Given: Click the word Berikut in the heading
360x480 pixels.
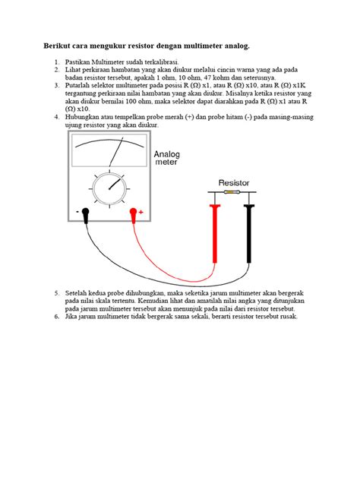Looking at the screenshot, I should (x=55, y=46).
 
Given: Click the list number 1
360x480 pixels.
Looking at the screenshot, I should (x=56, y=60).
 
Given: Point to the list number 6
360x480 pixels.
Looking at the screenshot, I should (x=56, y=316).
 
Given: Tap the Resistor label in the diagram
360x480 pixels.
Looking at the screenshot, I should (x=234, y=183).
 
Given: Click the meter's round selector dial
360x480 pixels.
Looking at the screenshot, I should (x=110, y=187).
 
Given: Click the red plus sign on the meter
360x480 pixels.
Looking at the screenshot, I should (x=141, y=212).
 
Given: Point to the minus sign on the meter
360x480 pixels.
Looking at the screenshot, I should (x=77, y=212).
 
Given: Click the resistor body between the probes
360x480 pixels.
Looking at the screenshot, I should (x=232, y=193).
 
